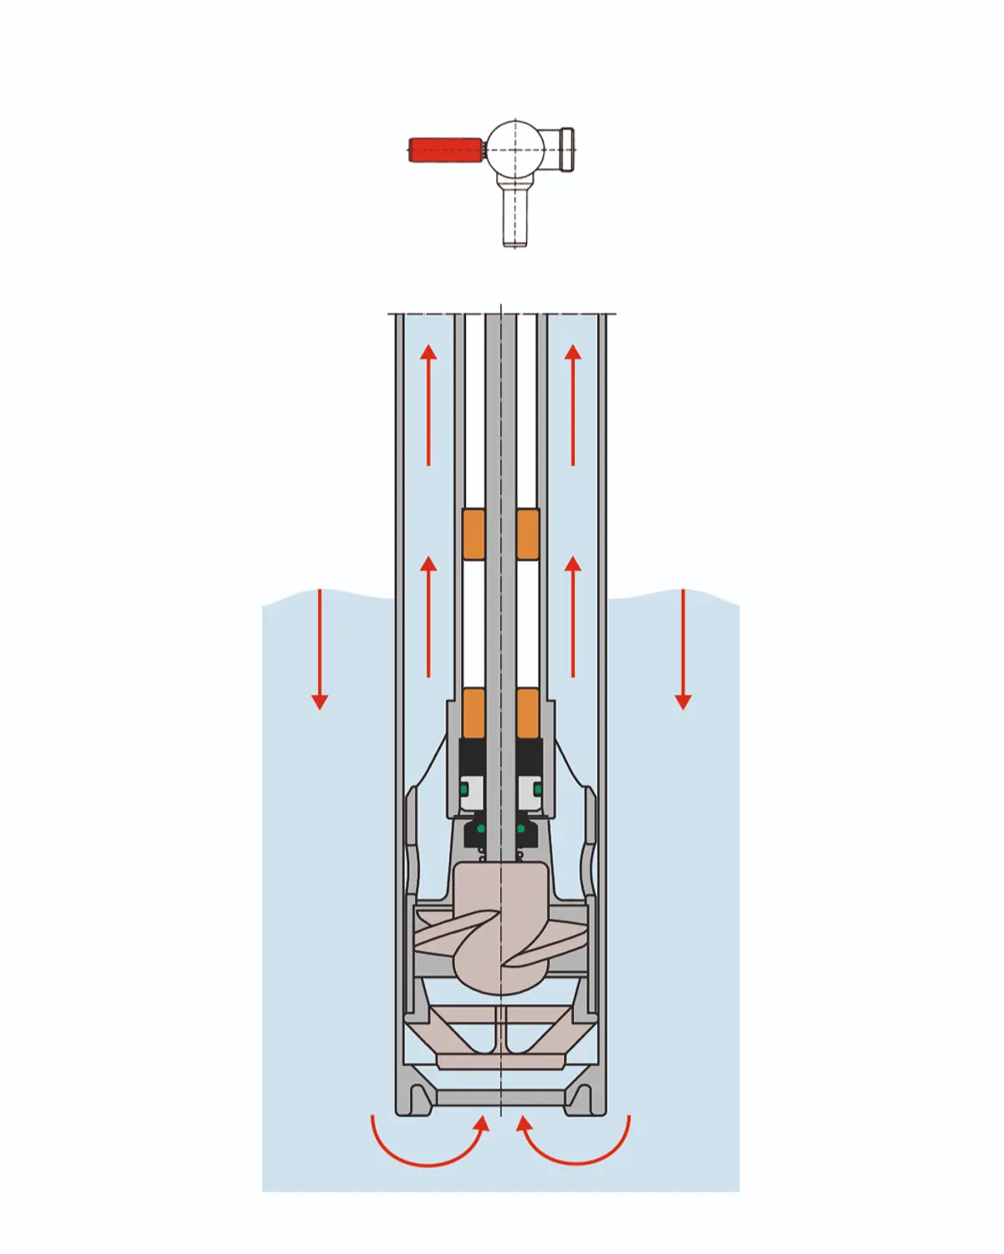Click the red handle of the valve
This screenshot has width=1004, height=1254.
(445, 150)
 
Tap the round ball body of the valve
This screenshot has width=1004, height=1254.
(515, 149)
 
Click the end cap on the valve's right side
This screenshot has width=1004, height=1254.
(566, 150)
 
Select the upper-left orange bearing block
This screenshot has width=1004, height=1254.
(474, 534)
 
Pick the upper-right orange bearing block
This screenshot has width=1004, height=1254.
(528, 534)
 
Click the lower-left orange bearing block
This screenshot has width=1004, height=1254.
(474, 713)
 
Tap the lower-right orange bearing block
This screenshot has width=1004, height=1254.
(528, 713)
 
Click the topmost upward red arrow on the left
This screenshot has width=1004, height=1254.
(428, 405)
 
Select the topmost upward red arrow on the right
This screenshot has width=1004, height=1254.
(573, 405)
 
